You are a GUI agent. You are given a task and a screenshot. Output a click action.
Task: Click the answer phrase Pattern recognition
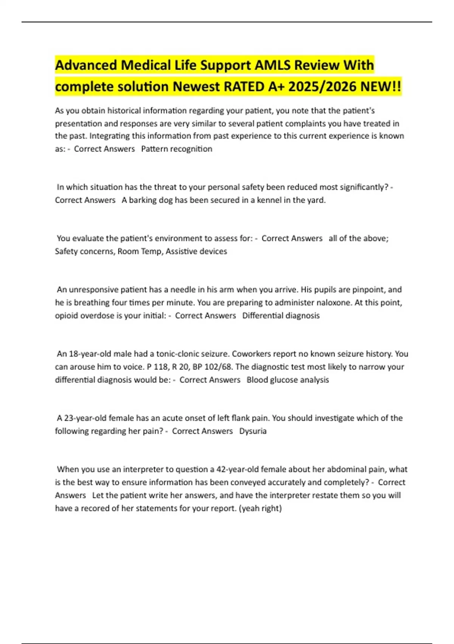click(x=177, y=149)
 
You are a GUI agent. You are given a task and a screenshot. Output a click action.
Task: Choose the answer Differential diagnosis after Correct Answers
click(x=281, y=316)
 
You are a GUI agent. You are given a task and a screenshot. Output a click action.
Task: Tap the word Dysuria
click(x=253, y=431)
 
